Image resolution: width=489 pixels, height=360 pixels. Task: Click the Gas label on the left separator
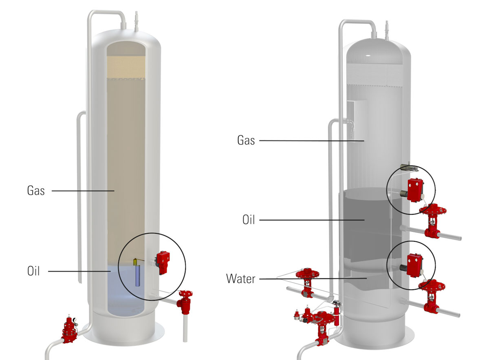36,190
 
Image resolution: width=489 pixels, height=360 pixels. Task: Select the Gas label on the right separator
246,141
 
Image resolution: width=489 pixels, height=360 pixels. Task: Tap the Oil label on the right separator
248,220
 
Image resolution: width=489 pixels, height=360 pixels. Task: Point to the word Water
240,279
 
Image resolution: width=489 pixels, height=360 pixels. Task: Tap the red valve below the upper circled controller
433,220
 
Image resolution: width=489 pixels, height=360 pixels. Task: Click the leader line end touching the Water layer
366,278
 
